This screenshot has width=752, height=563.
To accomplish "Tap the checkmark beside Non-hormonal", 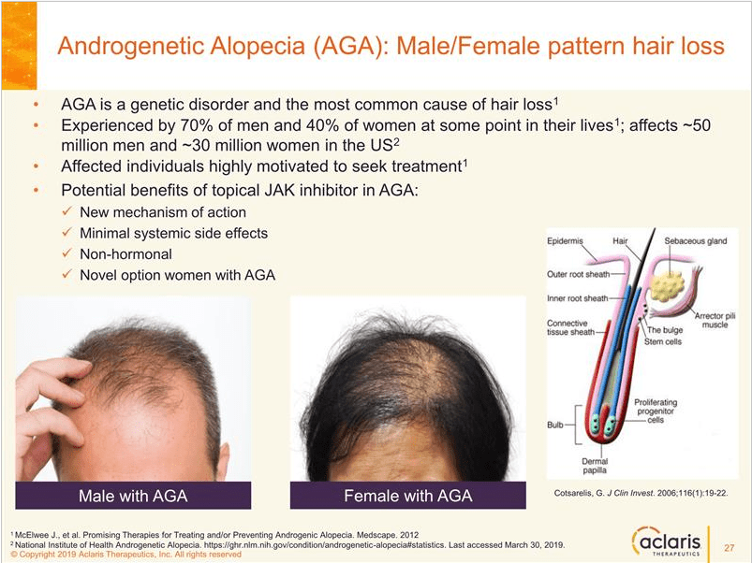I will coord(66,253).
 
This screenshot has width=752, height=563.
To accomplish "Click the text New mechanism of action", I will coord(150,212).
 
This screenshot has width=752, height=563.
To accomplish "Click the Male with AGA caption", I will coord(139,494).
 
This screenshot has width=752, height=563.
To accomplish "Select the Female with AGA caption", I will coord(407,494).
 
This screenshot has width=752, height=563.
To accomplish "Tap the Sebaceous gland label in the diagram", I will coord(695,241).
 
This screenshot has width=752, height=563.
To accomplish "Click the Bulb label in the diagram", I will coord(556,425).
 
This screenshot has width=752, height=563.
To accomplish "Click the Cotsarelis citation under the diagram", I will coord(637,492).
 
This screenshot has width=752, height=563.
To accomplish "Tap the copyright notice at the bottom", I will coord(126,554).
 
